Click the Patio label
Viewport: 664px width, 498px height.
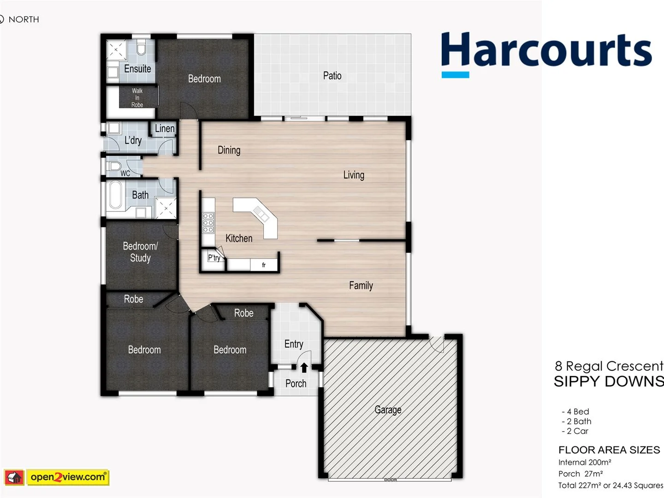332,76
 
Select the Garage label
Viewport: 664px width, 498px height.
388,409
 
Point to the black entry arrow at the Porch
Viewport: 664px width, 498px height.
304,368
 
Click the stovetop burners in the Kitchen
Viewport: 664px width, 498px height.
208,223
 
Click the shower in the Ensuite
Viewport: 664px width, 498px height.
117,50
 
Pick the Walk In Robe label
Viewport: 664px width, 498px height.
137,98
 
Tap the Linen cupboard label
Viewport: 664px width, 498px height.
165,129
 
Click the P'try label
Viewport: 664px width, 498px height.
214,258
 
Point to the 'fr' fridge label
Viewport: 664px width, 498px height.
264,265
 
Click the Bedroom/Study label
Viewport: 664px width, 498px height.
140,252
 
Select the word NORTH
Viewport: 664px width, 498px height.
24,19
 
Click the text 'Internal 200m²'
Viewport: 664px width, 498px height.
584,462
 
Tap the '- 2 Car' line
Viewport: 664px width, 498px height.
575,431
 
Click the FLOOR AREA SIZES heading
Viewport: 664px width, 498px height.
609,450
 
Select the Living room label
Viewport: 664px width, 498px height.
354,175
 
